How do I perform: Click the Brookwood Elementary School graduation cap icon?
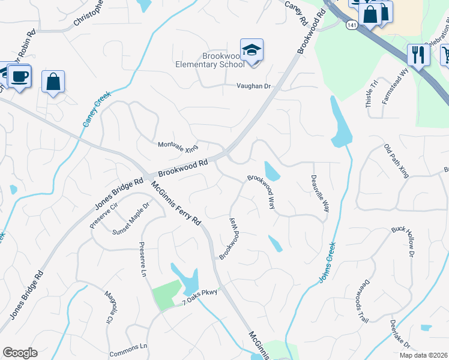click(252, 50)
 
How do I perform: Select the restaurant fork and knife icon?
click(418, 55)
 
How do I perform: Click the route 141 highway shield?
click(351, 24)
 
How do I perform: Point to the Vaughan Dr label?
click(253, 86)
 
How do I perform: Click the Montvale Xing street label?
click(177, 146)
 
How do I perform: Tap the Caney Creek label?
click(93, 107)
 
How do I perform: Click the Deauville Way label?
click(320, 193)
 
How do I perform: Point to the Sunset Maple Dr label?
click(130, 221)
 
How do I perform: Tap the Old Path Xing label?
click(397, 161)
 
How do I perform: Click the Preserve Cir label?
click(104, 215)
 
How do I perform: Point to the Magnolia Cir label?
click(109, 306)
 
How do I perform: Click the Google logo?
click(20, 353)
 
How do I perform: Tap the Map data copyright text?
click(423, 355)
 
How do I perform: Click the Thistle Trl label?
click(371, 93)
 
